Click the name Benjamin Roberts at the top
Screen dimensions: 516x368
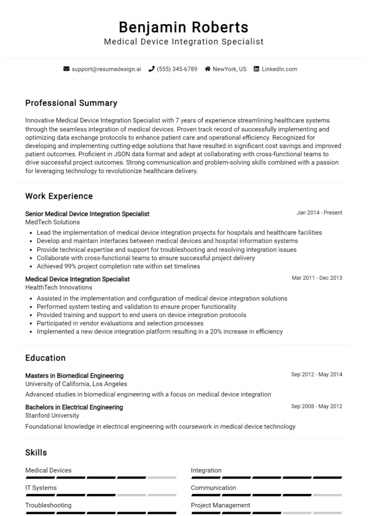click(x=183, y=27)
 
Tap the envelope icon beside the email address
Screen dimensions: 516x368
click(x=66, y=69)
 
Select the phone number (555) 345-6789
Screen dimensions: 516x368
click(x=176, y=69)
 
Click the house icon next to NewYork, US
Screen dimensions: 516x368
click(x=207, y=69)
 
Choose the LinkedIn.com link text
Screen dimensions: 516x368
click(x=279, y=69)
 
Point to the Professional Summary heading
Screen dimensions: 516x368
click(x=71, y=103)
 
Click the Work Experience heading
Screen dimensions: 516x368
click(x=59, y=196)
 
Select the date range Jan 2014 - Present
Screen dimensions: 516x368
click(x=319, y=213)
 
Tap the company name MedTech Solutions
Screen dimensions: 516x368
click(x=52, y=222)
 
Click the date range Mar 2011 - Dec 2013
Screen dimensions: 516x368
click(x=317, y=278)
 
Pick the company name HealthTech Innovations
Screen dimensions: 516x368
click(x=58, y=287)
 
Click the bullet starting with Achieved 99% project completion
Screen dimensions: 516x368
click(x=118, y=266)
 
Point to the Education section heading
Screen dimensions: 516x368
click(x=45, y=358)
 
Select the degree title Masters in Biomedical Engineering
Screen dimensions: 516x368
click(x=74, y=375)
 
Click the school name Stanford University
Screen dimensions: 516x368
click(x=52, y=416)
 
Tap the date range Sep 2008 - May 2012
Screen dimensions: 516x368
click(x=317, y=406)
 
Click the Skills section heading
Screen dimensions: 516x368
click(x=36, y=453)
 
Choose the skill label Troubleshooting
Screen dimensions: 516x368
click(x=48, y=505)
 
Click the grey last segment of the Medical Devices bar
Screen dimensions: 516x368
click(x=162, y=477)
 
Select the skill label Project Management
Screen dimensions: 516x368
click(x=220, y=505)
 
